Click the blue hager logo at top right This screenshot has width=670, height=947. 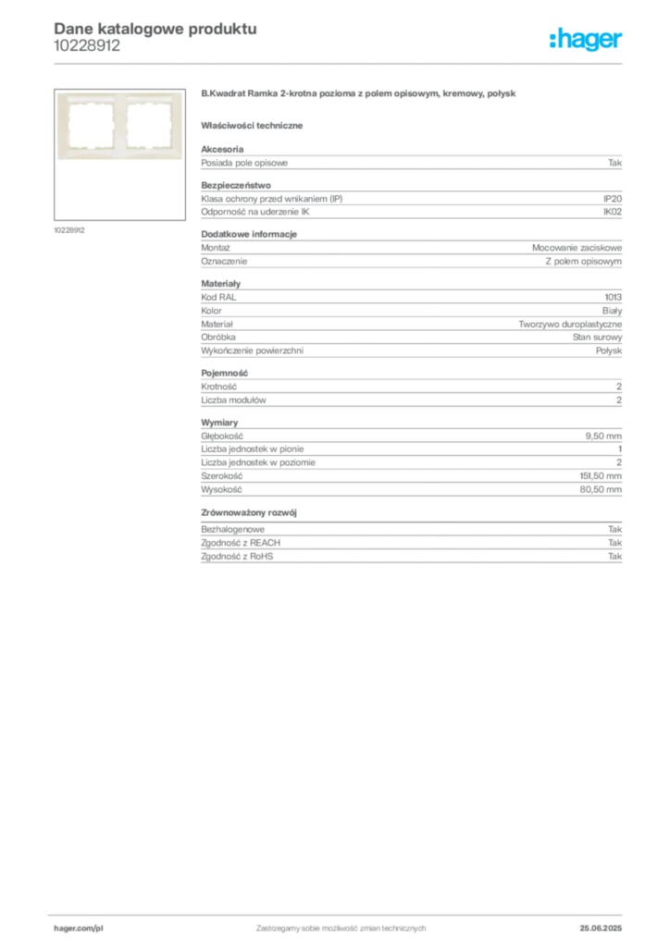tap(588, 41)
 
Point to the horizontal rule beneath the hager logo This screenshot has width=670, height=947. tap(370, 63)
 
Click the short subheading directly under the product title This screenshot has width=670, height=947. tap(254, 124)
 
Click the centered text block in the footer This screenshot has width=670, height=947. tap(341, 925)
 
